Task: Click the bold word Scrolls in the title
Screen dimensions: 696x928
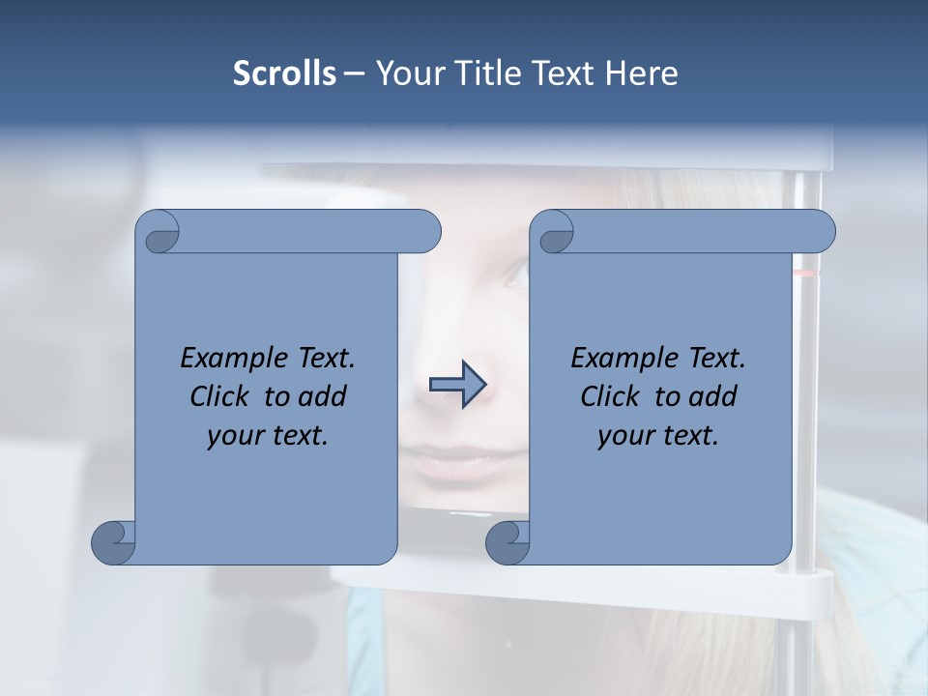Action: pos(284,73)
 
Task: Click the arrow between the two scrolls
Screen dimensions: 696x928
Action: pos(457,385)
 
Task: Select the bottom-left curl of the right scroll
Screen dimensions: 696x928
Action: pos(508,542)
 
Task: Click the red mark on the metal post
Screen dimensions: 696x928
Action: pos(806,274)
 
